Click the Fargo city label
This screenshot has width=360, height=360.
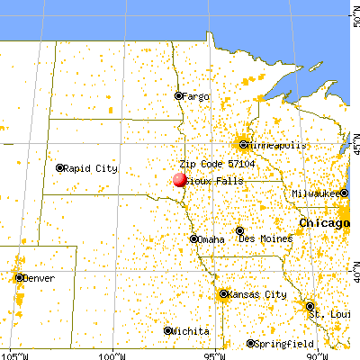(x=197, y=95)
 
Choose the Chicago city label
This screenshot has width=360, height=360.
(x=325, y=222)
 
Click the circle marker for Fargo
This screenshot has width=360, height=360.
(x=178, y=95)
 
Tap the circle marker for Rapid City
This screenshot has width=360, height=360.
(x=60, y=167)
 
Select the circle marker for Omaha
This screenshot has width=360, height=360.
(x=194, y=238)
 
